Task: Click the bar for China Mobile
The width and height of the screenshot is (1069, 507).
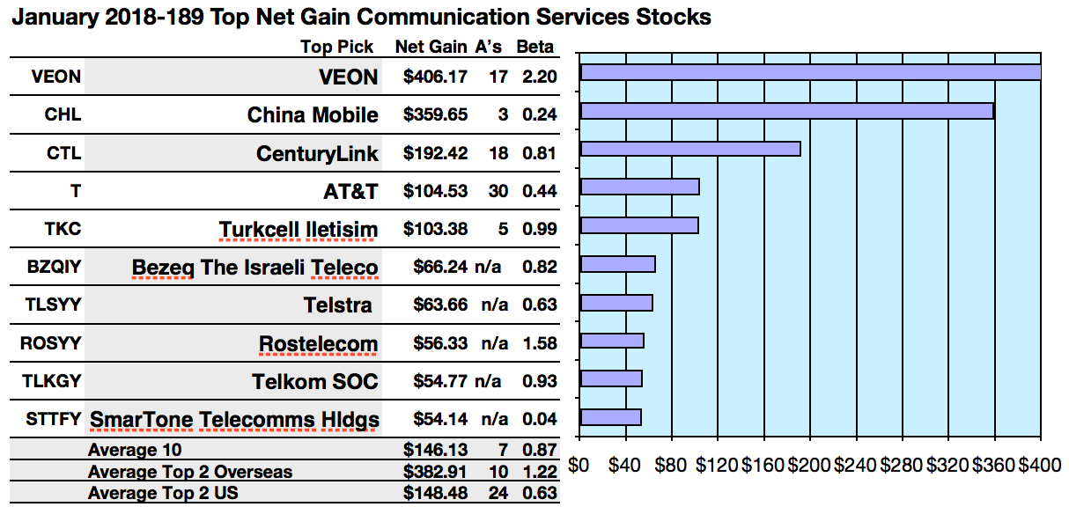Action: click(x=786, y=111)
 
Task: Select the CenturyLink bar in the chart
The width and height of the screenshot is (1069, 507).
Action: click(x=690, y=149)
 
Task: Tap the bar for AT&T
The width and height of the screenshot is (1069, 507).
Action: click(x=640, y=187)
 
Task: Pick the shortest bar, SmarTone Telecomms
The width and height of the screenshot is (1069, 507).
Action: click(x=610, y=417)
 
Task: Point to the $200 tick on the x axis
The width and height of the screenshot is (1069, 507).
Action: click(x=809, y=465)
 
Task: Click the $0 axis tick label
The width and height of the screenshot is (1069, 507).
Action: click(x=579, y=465)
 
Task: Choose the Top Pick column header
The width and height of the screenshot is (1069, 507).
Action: click(x=336, y=48)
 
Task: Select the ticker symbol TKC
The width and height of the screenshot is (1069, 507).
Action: click(x=63, y=229)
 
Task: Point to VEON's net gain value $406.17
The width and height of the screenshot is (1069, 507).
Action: click(x=435, y=77)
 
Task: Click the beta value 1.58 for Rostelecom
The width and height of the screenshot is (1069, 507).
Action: click(x=539, y=343)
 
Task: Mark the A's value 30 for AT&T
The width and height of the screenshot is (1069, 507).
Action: click(x=498, y=191)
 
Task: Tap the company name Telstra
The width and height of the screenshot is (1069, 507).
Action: click(x=337, y=305)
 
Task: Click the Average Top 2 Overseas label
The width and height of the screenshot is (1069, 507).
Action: click(x=190, y=473)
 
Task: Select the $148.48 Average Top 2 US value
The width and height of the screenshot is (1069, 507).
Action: click(x=435, y=494)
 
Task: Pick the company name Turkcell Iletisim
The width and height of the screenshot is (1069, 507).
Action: click(x=299, y=230)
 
